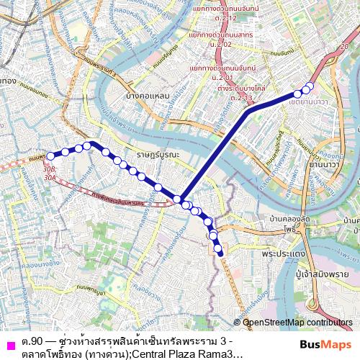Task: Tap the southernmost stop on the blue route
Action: [220, 252]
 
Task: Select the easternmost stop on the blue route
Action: [310, 87]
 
